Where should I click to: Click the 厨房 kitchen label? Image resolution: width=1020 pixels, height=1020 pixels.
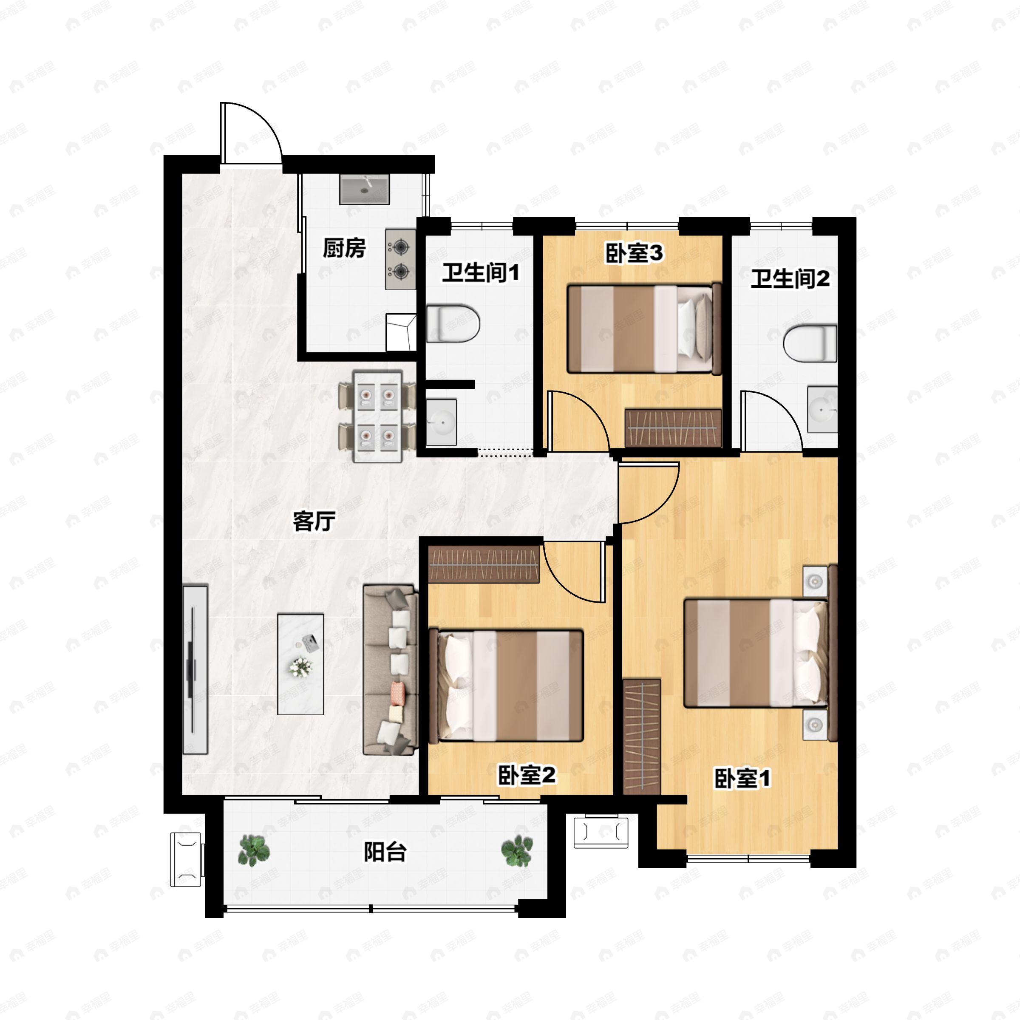pyautogui.click(x=344, y=248)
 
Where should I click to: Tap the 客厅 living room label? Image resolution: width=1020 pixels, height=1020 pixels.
pyautogui.click(x=314, y=521)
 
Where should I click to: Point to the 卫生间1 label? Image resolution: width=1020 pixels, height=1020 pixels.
pyautogui.click(x=480, y=273)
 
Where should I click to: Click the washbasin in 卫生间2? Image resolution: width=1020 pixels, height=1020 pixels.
pyautogui.click(x=822, y=410)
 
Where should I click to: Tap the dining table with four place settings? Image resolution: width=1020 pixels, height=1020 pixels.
pyautogui.click(x=377, y=416)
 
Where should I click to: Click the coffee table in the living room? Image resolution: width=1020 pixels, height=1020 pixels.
pyautogui.click(x=300, y=663)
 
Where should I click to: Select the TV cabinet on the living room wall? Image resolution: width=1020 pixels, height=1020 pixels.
pyautogui.click(x=195, y=669)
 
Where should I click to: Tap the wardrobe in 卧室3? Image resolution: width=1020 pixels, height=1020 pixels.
pyautogui.click(x=673, y=428)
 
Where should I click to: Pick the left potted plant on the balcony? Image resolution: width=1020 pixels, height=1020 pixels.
pyautogui.click(x=254, y=850)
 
